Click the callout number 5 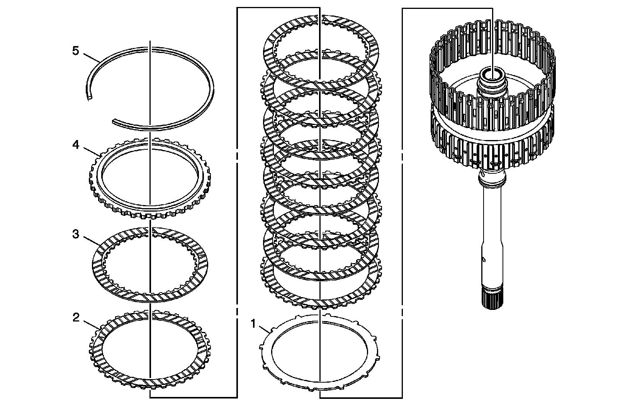point(76,51)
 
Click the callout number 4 point(76,145)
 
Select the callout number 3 point(76,234)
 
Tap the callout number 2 point(76,318)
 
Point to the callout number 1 point(253,323)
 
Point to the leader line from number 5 point(91,58)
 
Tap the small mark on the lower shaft point(484,259)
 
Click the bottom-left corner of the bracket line point(150,398)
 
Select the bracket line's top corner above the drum point(492,9)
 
